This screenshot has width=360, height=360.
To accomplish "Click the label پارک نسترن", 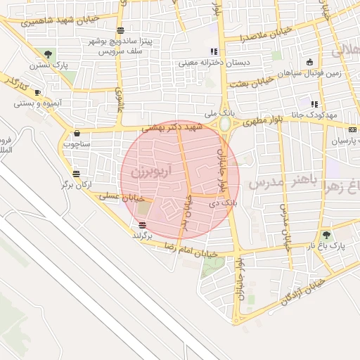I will coord(49,65).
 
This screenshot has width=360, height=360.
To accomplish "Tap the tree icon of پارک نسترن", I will coord(48,53).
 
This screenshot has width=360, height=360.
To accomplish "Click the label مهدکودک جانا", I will coord(321,115).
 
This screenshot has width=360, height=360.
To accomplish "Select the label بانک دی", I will coord(220,202).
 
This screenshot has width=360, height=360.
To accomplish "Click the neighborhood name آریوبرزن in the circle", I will coord(146,171).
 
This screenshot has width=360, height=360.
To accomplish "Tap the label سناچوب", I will coord(77,143).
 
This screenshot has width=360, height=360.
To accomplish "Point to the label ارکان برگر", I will coord(76,184).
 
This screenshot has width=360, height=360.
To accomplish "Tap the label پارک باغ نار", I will coord(328,246).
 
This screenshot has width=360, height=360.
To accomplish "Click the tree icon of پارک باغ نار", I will coord(326,235).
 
